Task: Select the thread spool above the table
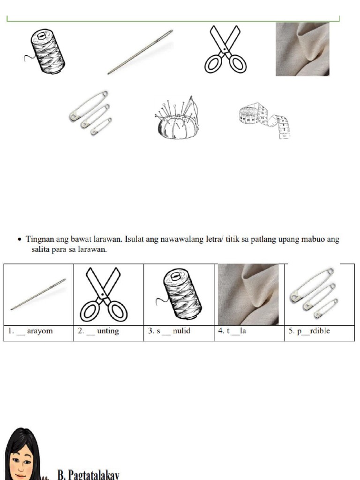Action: pyautogui.click(x=45, y=52)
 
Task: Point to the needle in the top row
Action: pyautogui.click(x=140, y=52)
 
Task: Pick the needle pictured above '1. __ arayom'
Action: pyautogui.click(x=38, y=294)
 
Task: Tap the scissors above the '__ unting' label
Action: pyautogui.click(x=104, y=293)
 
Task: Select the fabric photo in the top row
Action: pyautogui.click(x=302, y=49)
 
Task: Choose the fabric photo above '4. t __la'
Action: pyautogui.click(x=248, y=294)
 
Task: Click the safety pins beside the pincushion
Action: pyautogui.click(x=90, y=111)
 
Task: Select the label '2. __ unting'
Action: pyautogui.click(x=99, y=331)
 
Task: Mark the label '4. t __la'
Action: pyautogui.click(x=232, y=331)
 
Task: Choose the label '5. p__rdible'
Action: pyautogui.click(x=309, y=331)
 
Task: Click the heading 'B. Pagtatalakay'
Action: pyautogui.click(x=88, y=474)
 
